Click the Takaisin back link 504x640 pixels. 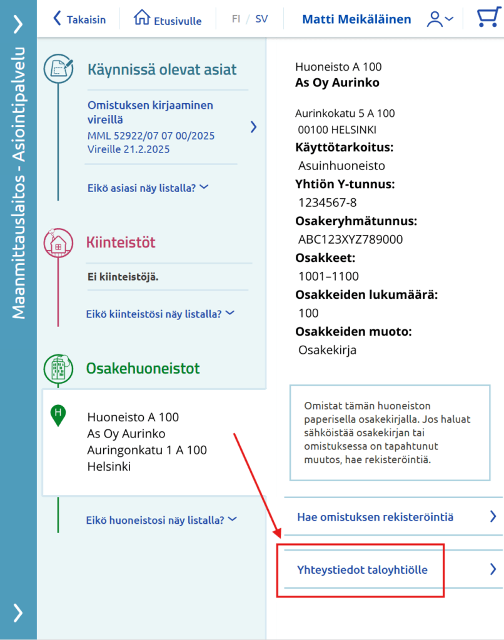[79, 19]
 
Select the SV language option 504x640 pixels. [261, 19]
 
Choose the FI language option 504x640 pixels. [236, 19]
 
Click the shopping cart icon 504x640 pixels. [488, 19]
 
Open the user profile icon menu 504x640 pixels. [440, 19]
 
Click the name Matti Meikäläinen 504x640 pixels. [356, 19]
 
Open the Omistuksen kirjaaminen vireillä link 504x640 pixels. [150, 112]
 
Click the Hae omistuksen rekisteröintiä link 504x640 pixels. [375, 517]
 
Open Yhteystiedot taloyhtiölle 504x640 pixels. [362, 569]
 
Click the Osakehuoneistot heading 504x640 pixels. [143, 368]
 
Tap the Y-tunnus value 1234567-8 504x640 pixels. [328, 202]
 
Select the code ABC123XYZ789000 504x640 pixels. [351, 239]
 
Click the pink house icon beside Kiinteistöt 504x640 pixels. [58, 244]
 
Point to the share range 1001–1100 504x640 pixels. [329, 276]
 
